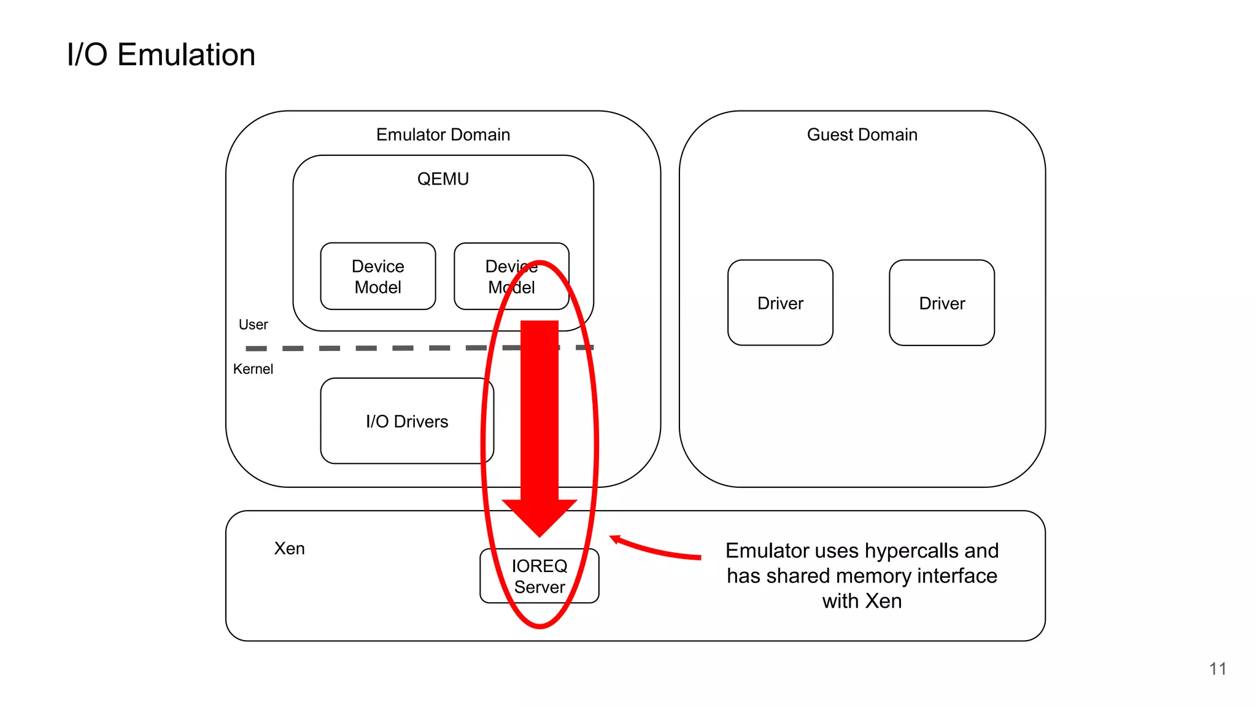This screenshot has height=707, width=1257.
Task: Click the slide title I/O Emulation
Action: click(x=161, y=55)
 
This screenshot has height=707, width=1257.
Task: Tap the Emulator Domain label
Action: click(x=443, y=134)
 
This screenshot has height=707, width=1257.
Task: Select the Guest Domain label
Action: click(x=862, y=134)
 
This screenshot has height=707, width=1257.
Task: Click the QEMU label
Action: click(x=443, y=179)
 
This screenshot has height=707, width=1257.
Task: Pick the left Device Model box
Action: click(x=377, y=277)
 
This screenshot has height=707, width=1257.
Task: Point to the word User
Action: click(x=253, y=325)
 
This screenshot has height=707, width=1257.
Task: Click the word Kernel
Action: click(x=253, y=369)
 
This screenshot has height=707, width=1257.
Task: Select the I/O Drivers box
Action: click(x=406, y=421)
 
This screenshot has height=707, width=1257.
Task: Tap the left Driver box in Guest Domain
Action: click(x=780, y=303)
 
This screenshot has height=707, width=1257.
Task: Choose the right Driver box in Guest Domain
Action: click(x=942, y=303)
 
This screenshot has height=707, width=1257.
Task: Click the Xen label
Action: click(x=289, y=548)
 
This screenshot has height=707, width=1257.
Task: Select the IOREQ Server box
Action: click(x=539, y=576)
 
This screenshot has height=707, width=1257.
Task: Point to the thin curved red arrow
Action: click(x=657, y=549)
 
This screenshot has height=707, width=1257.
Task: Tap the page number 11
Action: click(x=1218, y=668)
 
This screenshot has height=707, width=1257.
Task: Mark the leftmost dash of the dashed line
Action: click(x=256, y=349)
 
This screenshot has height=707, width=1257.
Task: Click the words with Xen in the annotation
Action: click(x=862, y=601)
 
